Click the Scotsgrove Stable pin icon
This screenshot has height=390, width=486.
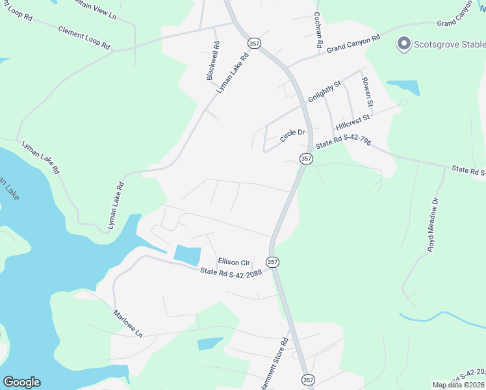(404, 44)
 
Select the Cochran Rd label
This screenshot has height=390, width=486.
(318, 31)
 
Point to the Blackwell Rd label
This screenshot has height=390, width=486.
(212, 62)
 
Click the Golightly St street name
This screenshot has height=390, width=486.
(325, 91)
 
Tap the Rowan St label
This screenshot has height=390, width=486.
(367, 92)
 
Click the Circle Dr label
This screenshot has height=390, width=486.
(292, 136)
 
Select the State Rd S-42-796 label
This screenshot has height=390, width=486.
(343, 143)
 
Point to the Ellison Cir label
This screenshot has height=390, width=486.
(234, 263)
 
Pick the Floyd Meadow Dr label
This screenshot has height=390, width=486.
(434, 224)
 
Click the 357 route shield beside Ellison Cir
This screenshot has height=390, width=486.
(273, 262)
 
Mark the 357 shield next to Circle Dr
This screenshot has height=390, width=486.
(306, 159)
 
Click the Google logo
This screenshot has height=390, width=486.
(21, 382)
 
